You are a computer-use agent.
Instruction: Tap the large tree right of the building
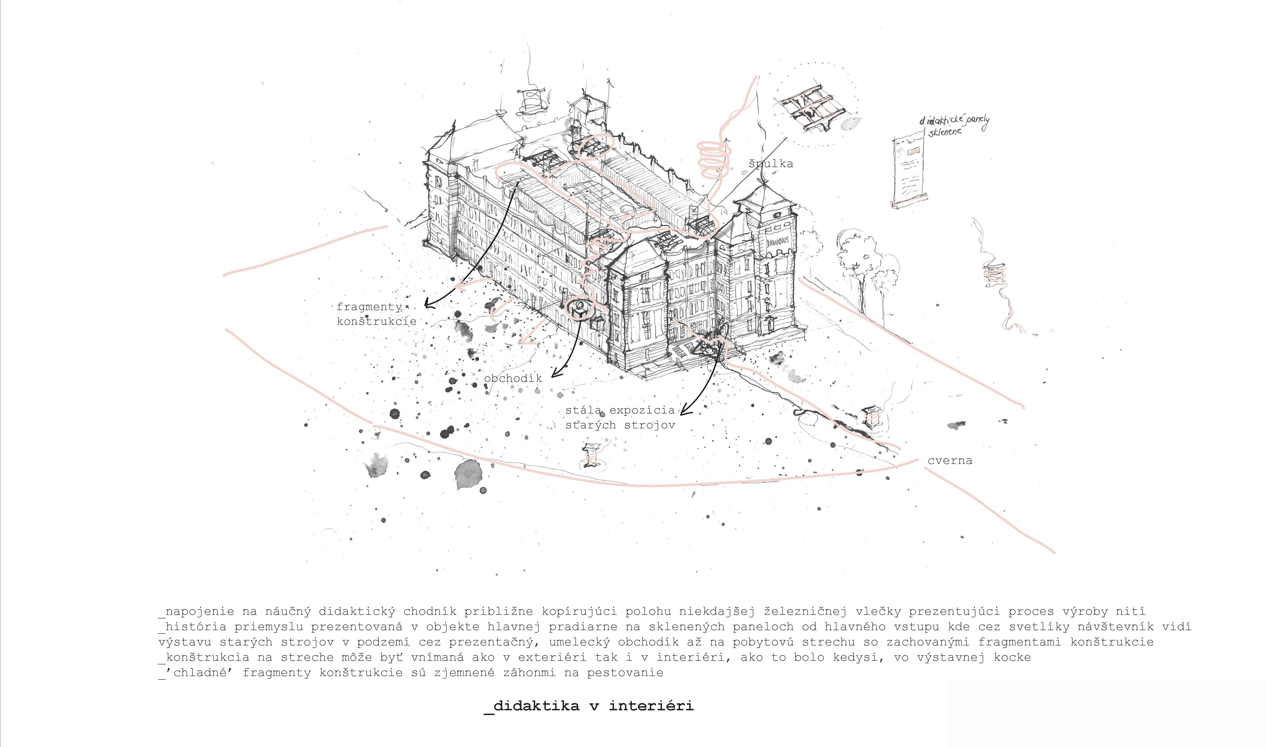pyautogui.click(x=856, y=267)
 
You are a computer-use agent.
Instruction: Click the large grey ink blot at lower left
pyautogui.click(x=468, y=474)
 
